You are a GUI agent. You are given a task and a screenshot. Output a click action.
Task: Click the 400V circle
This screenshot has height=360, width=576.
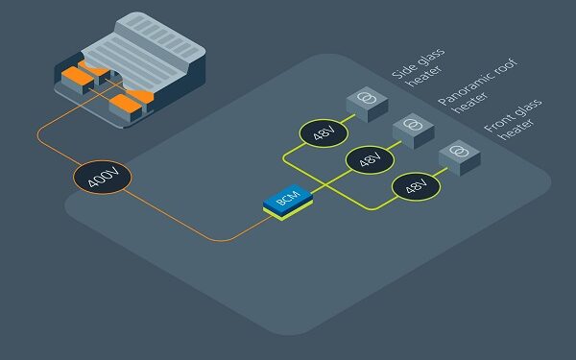[x=100, y=177]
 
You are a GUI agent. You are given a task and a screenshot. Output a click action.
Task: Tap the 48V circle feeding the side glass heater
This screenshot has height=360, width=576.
[x=319, y=132]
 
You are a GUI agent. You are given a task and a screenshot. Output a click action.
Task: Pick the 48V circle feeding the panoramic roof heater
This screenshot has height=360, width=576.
[x=369, y=159]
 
